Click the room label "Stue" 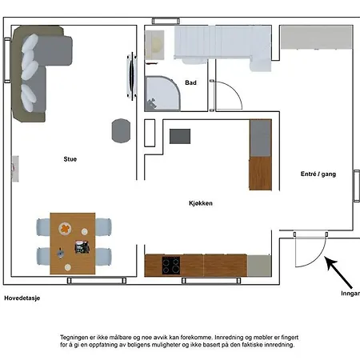click(x=70, y=159)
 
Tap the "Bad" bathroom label click(x=190, y=82)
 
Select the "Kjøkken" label click(x=201, y=203)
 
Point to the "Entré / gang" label click(x=318, y=174)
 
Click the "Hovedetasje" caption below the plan click(x=22, y=298)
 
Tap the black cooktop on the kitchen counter click(x=171, y=266)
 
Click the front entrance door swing click(x=307, y=254)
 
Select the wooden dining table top click(x=73, y=239)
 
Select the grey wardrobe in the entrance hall click(x=315, y=36)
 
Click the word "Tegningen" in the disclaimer click(x=76, y=338)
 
